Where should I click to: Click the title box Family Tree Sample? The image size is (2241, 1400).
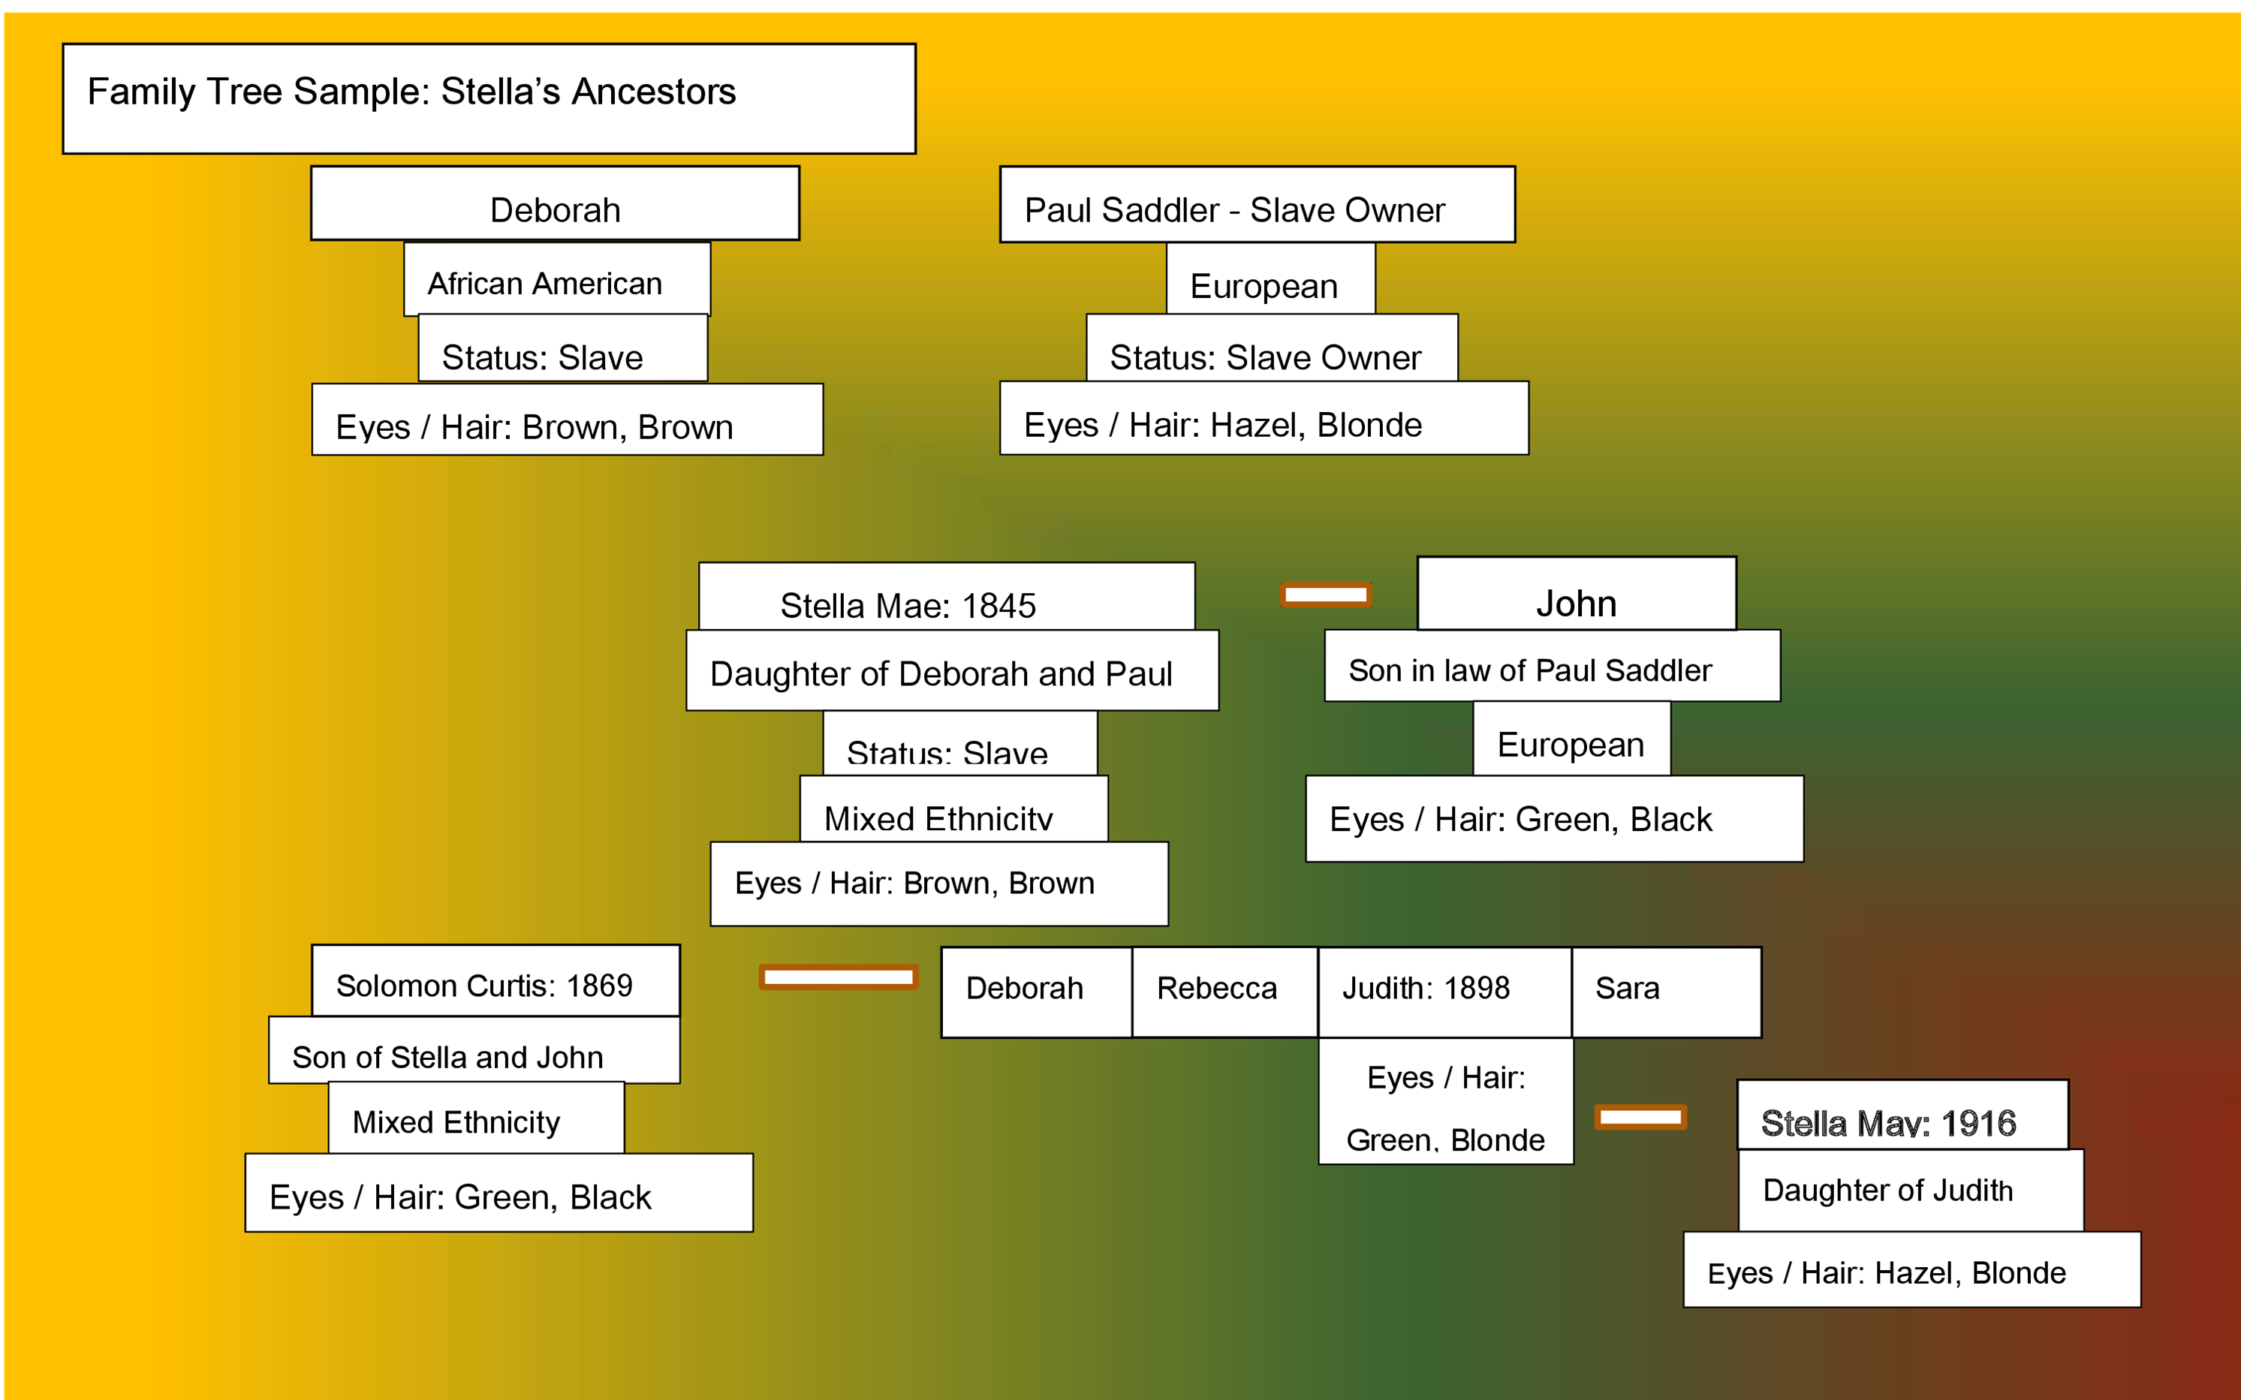point(489,98)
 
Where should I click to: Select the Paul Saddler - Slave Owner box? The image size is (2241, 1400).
point(1257,206)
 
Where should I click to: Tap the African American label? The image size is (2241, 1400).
point(556,280)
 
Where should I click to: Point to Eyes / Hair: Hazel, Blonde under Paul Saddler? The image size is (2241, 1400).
point(1263,420)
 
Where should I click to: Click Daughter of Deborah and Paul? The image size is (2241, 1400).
point(951,671)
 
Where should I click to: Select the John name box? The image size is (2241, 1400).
point(1576,595)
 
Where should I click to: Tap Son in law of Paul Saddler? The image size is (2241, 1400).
point(1551,667)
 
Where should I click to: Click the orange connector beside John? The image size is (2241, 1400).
point(1325,595)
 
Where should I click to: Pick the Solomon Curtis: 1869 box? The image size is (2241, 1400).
point(495,981)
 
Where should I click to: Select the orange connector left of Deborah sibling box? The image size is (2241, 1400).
point(838,977)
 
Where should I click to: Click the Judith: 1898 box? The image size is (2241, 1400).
point(1443,992)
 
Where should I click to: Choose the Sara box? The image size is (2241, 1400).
point(1665,992)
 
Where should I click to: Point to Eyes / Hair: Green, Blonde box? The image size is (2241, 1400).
point(1444,1102)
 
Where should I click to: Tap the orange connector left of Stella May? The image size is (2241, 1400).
point(1640,1117)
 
